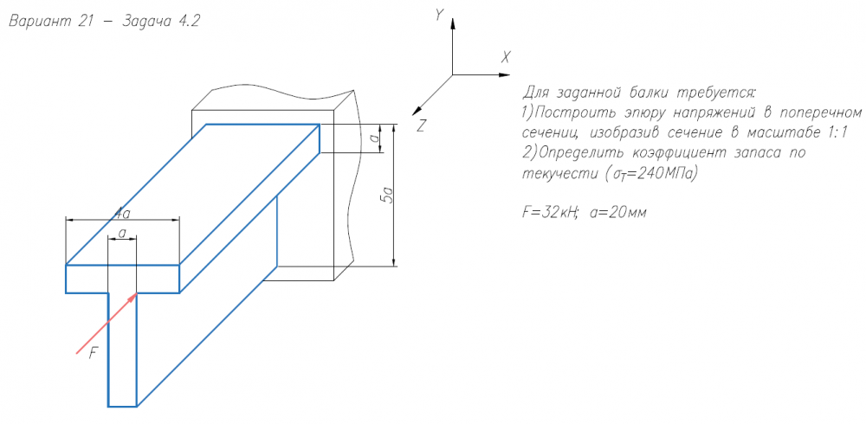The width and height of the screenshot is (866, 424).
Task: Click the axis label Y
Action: (440, 15)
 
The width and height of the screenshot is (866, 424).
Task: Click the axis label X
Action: (506, 57)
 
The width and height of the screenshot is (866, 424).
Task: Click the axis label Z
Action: (421, 125)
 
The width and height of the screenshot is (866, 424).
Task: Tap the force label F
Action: (94, 352)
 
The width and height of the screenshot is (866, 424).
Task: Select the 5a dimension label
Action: (388, 196)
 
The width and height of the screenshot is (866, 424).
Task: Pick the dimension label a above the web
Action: (122, 233)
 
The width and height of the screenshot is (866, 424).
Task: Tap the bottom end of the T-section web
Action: (122, 404)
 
